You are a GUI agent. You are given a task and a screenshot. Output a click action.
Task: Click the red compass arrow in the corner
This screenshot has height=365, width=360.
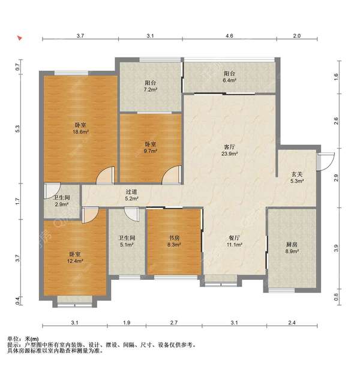(20, 38)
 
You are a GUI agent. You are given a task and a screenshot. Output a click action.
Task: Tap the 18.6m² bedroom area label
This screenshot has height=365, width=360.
(80, 128)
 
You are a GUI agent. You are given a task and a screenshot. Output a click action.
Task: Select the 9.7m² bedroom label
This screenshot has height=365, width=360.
(150, 147)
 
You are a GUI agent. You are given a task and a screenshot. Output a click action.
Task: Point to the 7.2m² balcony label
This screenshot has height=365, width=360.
(150, 86)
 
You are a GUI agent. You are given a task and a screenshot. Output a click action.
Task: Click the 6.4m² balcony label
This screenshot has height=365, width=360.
(229, 77)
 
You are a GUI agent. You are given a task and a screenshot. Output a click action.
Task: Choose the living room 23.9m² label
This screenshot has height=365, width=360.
(229, 150)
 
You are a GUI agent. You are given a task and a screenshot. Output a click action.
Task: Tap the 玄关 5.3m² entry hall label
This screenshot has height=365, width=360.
(297, 177)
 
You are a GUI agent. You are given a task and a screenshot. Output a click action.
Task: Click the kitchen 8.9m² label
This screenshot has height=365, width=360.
(292, 248)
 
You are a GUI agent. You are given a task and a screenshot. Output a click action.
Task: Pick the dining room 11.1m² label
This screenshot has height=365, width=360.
(234, 241)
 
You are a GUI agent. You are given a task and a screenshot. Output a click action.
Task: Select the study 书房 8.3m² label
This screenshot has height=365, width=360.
(174, 241)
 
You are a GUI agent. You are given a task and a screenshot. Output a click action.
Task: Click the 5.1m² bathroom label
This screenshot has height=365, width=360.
(127, 241)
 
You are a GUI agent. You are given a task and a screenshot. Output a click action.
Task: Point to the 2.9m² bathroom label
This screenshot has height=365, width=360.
(62, 201)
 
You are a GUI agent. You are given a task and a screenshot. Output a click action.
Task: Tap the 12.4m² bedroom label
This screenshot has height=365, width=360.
(75, 258)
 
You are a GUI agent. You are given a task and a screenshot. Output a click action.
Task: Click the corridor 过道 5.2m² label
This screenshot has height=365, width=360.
(131, 195)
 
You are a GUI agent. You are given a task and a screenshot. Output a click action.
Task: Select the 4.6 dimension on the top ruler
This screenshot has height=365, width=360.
(229, 36)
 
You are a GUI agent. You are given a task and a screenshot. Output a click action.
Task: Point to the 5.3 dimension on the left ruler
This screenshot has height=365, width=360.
(18, 129)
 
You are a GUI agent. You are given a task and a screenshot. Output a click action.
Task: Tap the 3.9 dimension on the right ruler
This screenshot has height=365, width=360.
(336, 248)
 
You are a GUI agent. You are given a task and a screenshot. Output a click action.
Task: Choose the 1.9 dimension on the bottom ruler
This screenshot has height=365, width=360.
(127, 322)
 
